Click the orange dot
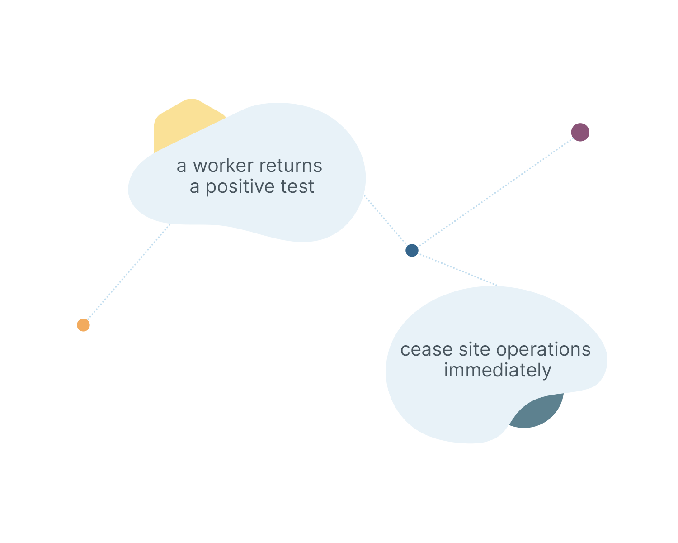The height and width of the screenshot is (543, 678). [83, 325]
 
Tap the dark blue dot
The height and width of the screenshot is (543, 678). [412, 250]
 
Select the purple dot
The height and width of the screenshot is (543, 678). [580, 132]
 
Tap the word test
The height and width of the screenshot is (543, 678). [297, 187]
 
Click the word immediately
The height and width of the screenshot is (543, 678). [497, 371]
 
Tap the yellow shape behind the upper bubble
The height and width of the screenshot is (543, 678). [181, 122]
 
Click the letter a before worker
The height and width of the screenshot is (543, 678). [181, 167]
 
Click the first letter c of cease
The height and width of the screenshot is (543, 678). [405, 350]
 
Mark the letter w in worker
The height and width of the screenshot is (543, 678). [201, 167]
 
